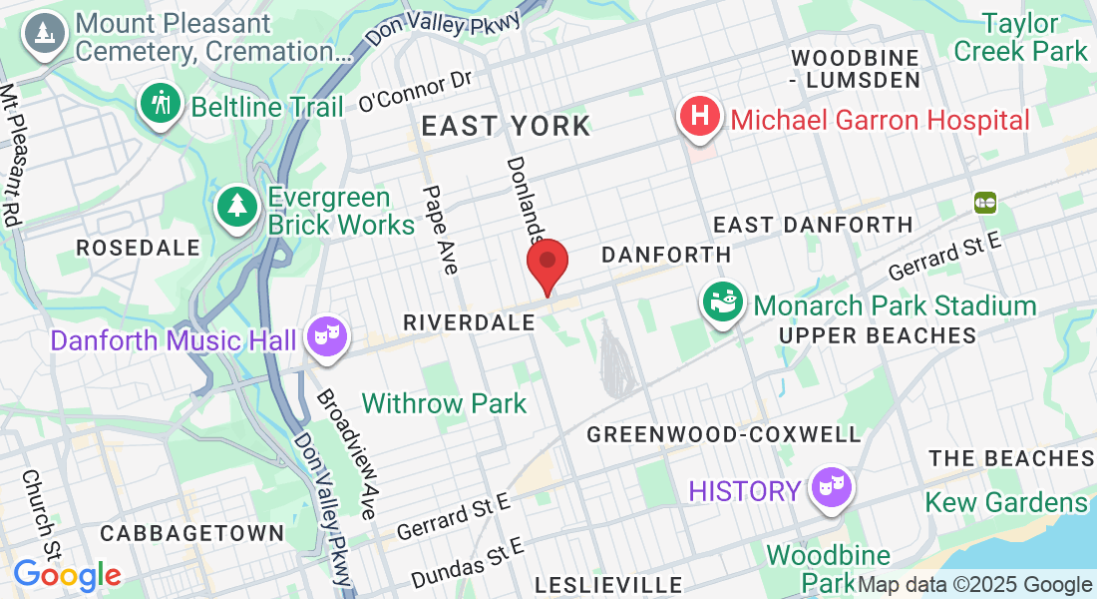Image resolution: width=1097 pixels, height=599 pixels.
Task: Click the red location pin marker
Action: pyautogui.click(x=548, y=262)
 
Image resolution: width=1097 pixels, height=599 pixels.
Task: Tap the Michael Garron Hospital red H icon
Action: pyautogui.click(x=701, y=116)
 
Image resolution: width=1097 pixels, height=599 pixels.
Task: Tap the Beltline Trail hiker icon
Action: pyautogui.click(x=160, y=103)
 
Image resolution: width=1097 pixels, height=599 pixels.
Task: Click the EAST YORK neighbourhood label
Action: pyautogui.click(x=506, y=126)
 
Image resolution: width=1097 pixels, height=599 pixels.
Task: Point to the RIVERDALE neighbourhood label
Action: pyautogui.click(x=470, y=322)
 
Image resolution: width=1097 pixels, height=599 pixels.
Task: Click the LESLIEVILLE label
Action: pyautogui.click(x=608, y=584)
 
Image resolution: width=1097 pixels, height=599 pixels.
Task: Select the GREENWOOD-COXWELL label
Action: pyautogui.click(x=723, y=434)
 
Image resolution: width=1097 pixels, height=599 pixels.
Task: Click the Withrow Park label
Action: pyautogui.click(x=444, y=403)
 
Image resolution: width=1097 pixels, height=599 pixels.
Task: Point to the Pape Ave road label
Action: pyautogui.click(x=440, y=230)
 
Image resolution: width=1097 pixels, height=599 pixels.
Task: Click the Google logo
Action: pyautogui.click(x=67, y=575)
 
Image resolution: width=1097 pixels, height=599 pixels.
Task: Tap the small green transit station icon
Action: pyautogui.click(x=985, y=203)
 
